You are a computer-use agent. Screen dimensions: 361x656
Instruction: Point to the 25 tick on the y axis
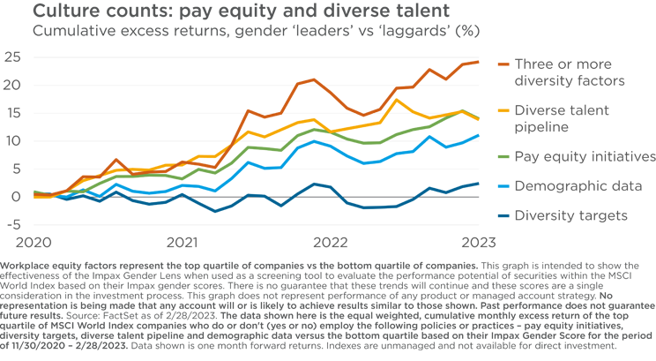pos(11,57)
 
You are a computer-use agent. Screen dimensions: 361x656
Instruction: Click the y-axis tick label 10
pos(11,141)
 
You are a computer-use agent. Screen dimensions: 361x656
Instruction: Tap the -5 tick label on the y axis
pos(11,224)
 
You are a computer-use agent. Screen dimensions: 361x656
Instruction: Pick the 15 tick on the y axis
pos(11,113)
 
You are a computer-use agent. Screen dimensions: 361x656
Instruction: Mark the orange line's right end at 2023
pos(479,62)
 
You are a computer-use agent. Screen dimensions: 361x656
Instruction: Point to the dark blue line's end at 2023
pos(479,184)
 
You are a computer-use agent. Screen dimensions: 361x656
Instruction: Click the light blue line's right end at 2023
pos(479,135)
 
